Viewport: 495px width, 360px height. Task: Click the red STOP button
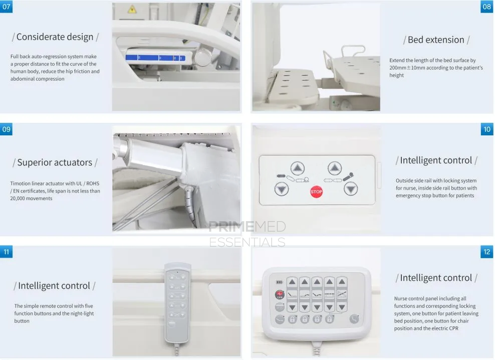tap(316, 192)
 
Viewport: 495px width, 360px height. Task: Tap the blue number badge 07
tap(6, 7)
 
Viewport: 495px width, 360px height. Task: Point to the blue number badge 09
tap(6, 129)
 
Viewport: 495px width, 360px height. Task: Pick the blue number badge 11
tap(6, 252)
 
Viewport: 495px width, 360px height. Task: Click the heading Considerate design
tap(55, 37)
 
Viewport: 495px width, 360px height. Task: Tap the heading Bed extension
tap(436, 40)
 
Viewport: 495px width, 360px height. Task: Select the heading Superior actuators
tap(55, 162)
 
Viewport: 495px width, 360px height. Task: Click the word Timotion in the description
tap(21, 184)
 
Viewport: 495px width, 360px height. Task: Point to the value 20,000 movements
tap(32, 199)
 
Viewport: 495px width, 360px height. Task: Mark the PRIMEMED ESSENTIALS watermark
tap(247, 235)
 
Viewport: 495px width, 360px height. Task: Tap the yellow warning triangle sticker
tap(132, 9)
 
